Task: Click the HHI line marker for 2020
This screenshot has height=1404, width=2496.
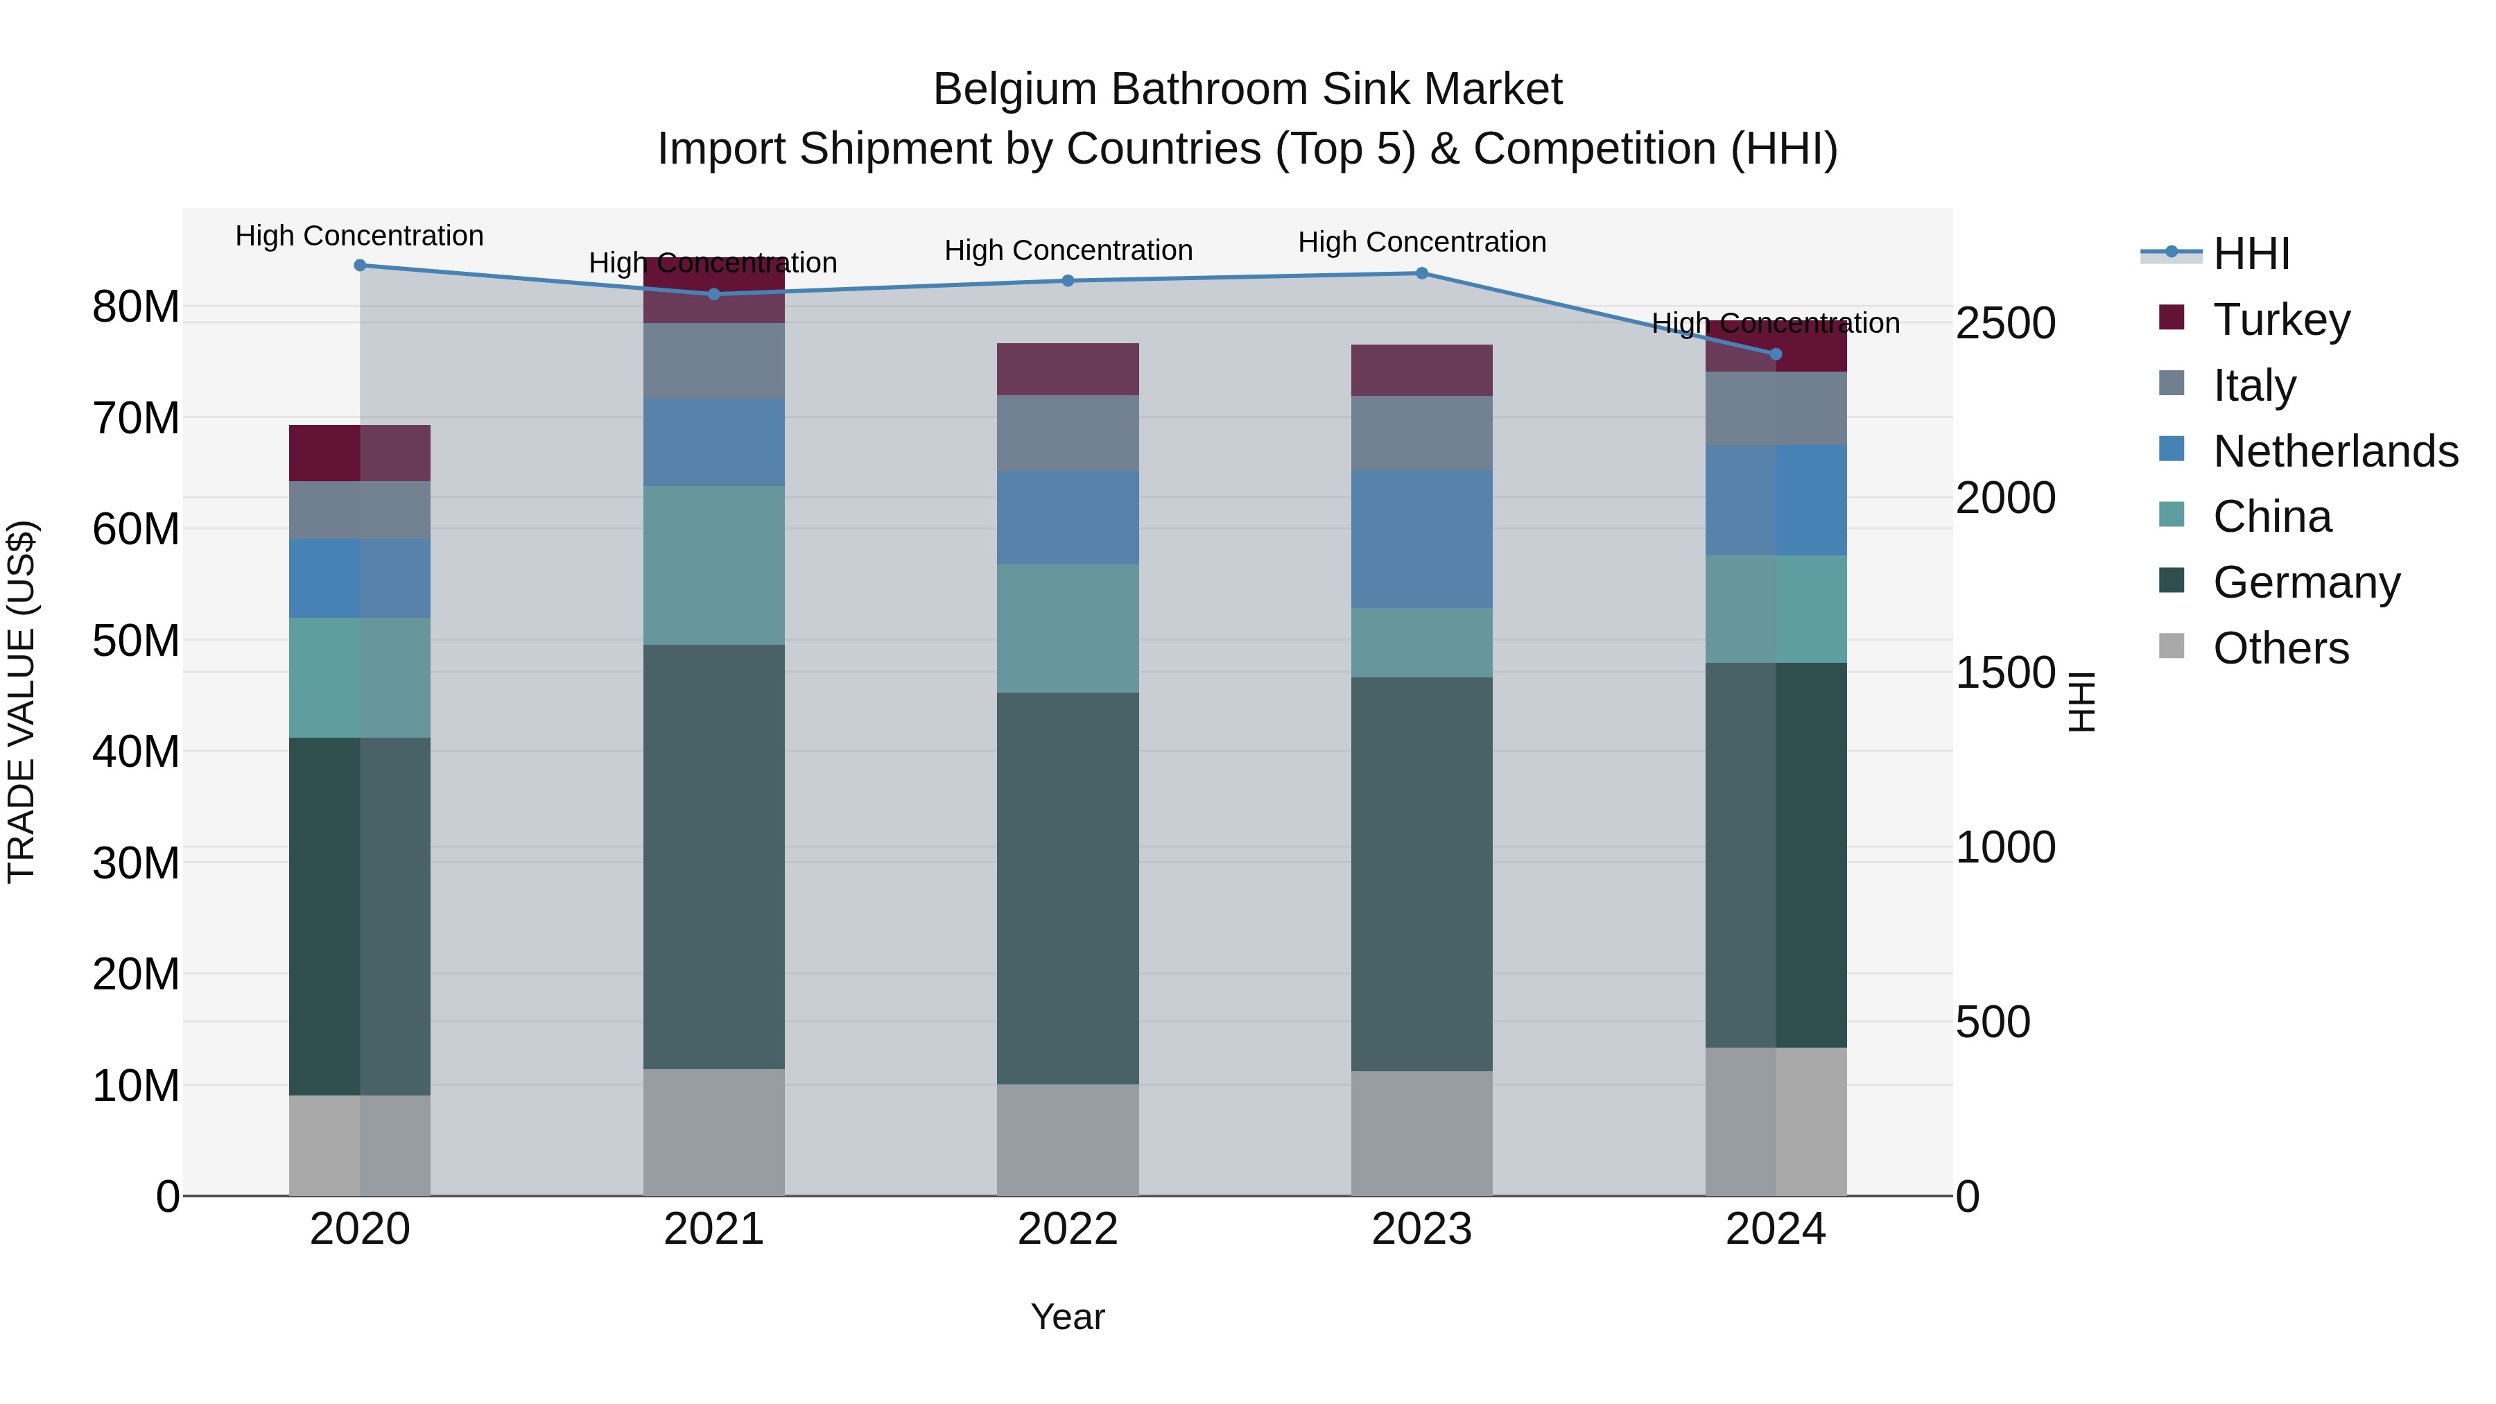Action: (x=359, y=266)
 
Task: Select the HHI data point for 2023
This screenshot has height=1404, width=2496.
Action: (x=1421, y=273)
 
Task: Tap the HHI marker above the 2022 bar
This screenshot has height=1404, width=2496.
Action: (x=1068, y=281)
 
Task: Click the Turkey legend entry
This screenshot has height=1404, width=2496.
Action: (x=2281, y=320)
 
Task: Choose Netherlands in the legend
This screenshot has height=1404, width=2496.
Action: (x=2335, y=451)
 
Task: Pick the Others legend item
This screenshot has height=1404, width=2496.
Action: (x=2281, y=648)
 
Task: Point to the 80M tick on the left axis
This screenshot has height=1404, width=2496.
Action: (x=136, y=307)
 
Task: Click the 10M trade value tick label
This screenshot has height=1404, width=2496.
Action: (x=136, y=1086)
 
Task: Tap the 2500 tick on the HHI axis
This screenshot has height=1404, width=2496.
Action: (x=2004, y=324)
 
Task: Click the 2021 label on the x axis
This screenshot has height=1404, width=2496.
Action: (x=713, y=1229)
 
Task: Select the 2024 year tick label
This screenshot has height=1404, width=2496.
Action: (x=1775, y=1229)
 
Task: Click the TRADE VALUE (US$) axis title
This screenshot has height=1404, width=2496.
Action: (x=21, y=702)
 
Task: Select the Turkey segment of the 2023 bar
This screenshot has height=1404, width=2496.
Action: (x=1421, y=370)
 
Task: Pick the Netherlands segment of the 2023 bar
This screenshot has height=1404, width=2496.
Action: (x=1421, y=539)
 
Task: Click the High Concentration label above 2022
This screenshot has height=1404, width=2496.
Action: (x=1068, y=251)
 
